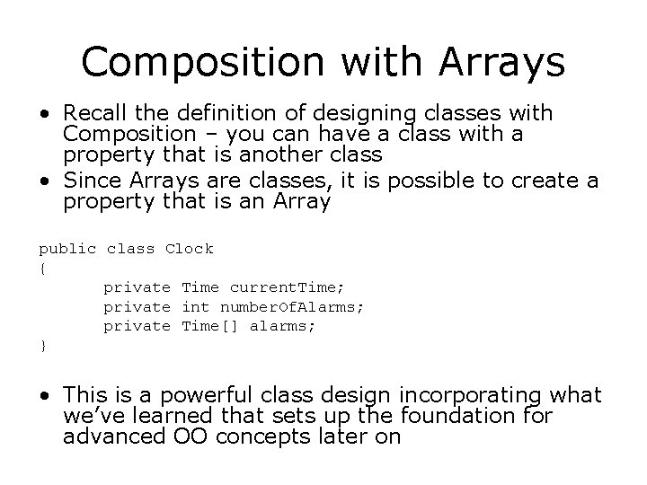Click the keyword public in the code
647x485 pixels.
pyautogui.click(x=67, y=248)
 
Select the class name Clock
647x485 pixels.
pyautogui.click(x=190, y=248)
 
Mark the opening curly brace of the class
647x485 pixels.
pyautogui.click(x=42, y=268)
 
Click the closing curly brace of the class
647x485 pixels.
pyautogui.click(x=42, y=346)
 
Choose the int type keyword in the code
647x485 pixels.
pyautogui.click(x=195, y=307)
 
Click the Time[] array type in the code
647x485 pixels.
pyautogui.click(x=209, y=326)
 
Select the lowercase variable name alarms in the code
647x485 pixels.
pyautogui.click(x=282, y=326)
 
